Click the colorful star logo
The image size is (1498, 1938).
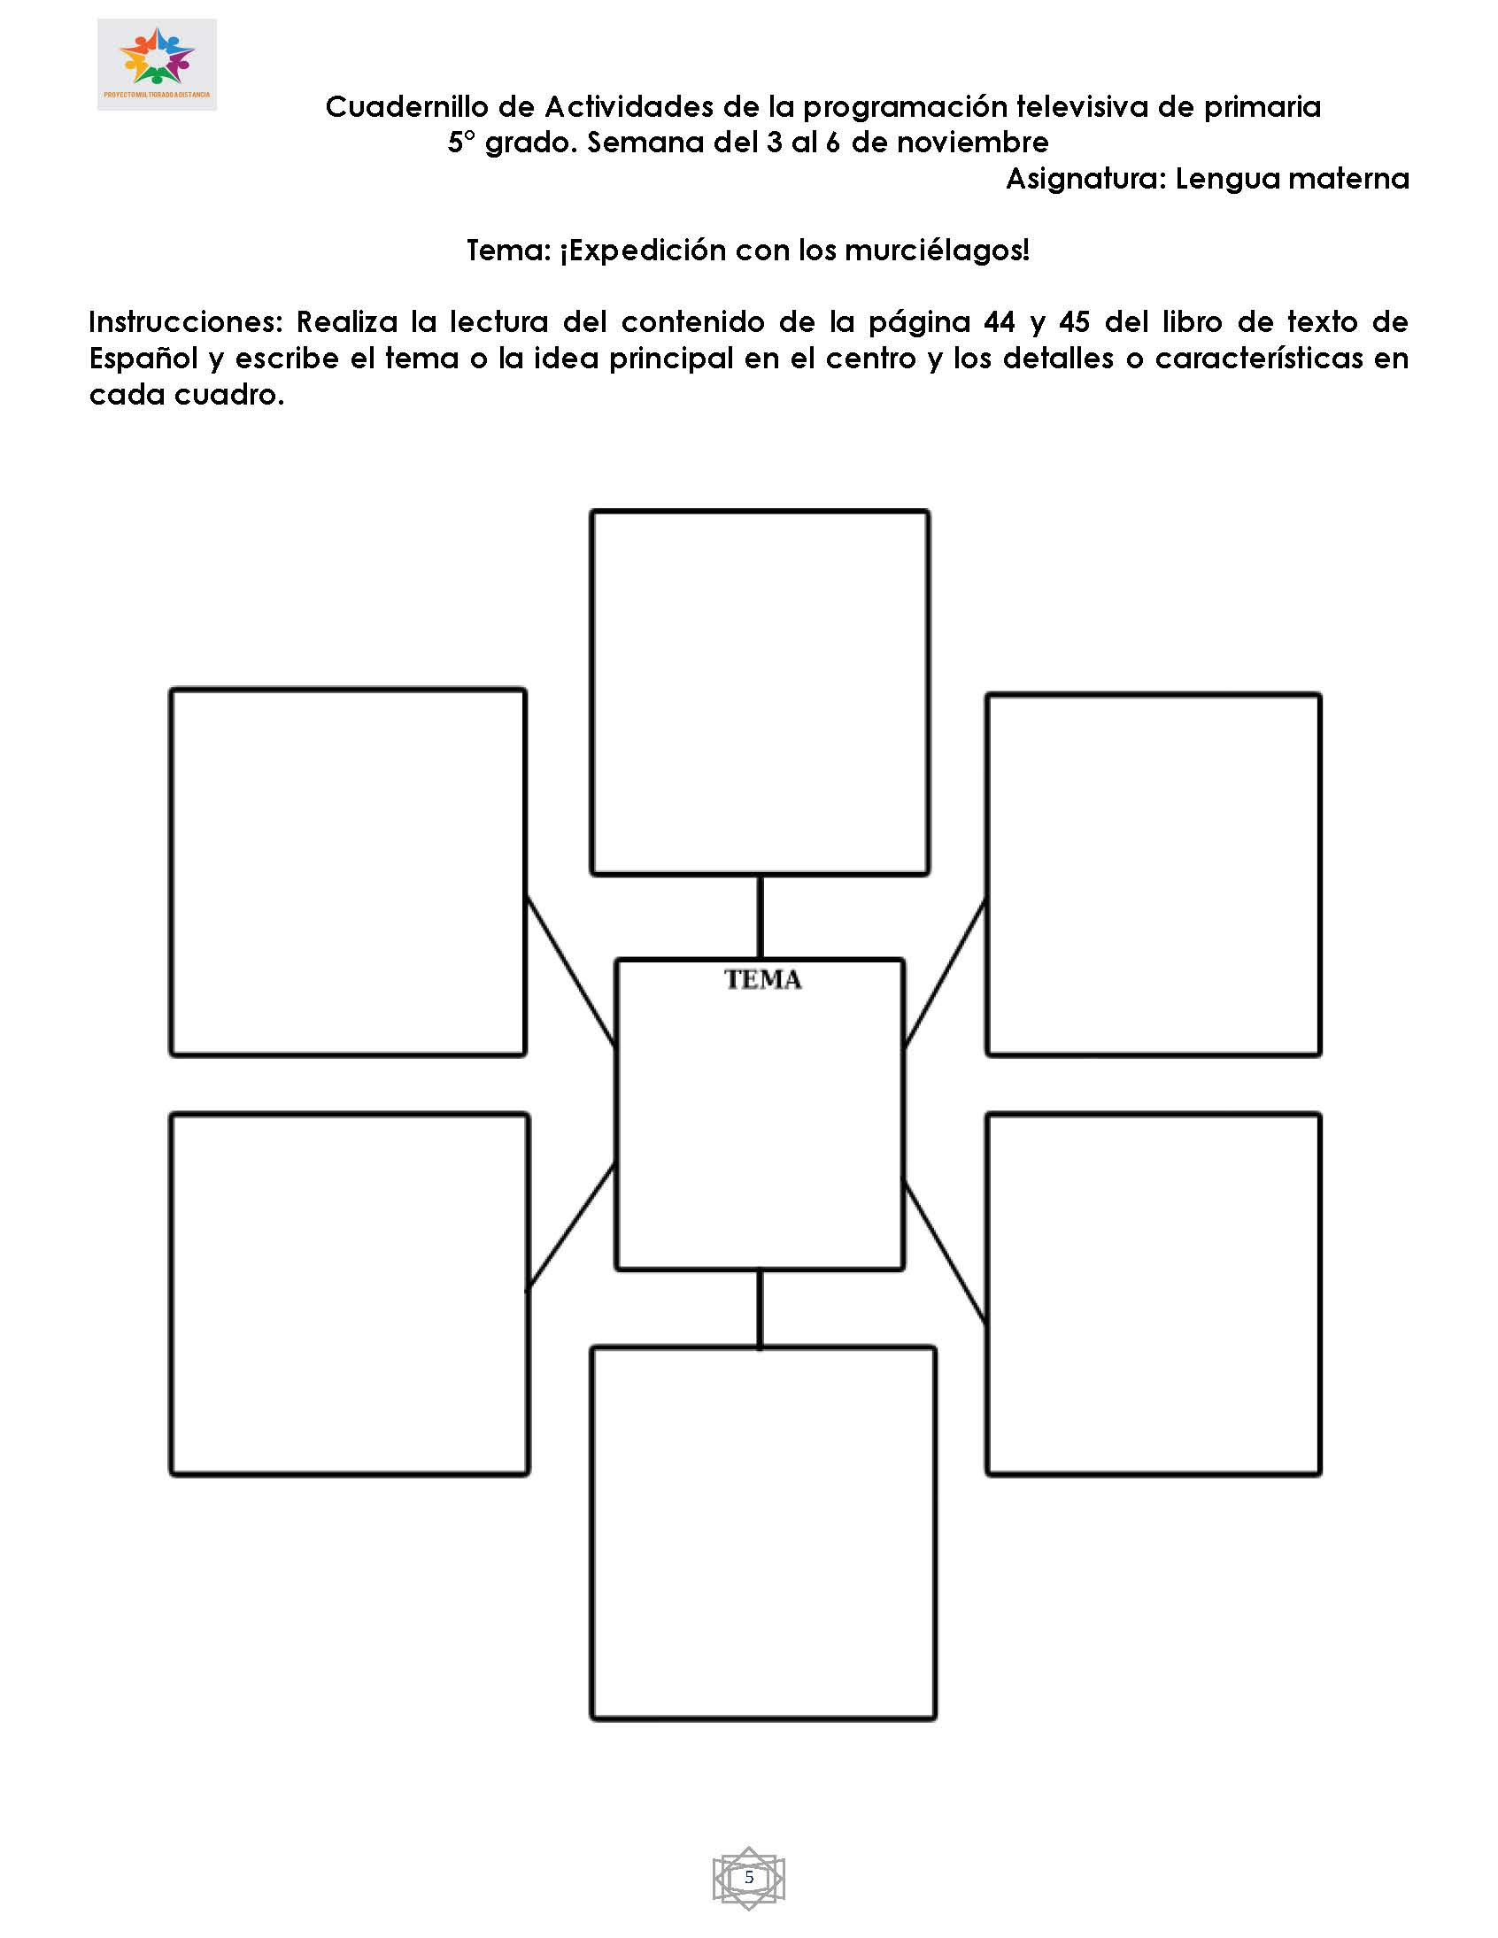pyautogui.click(x=157, y=58)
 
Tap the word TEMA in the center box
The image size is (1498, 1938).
pyautogui.click(x=762, y=980)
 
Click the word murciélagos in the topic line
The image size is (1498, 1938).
pyautogui.click(x=937, y=251)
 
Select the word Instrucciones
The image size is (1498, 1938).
pyautogui.click(x=184, y=321)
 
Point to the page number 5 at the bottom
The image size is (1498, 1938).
pyautogui.click(x=749, y=1877)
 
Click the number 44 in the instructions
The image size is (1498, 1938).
pyautogui.click(x=999, y=321)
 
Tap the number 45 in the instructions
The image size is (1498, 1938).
pyautogui.click(x=1074, y=321)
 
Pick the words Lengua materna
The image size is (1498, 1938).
pyautogui.click(x=1292, y=178)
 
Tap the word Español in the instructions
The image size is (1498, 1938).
pyautogui.click(x=143, y=359)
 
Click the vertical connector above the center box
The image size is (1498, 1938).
pyautogui.click(x=760, y=916)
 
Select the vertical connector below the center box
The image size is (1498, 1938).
pyautogui.click(x=760, y=1309)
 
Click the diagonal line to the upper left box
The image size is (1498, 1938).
pyautogui.click(x=571, y=972)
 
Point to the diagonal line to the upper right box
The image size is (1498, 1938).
pyautogui.click(x=946, y=974)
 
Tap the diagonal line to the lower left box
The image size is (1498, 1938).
pyautogui.click(x=572, y=1226)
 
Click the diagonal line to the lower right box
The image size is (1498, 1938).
pyautogui.click(x=946, y=1251)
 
